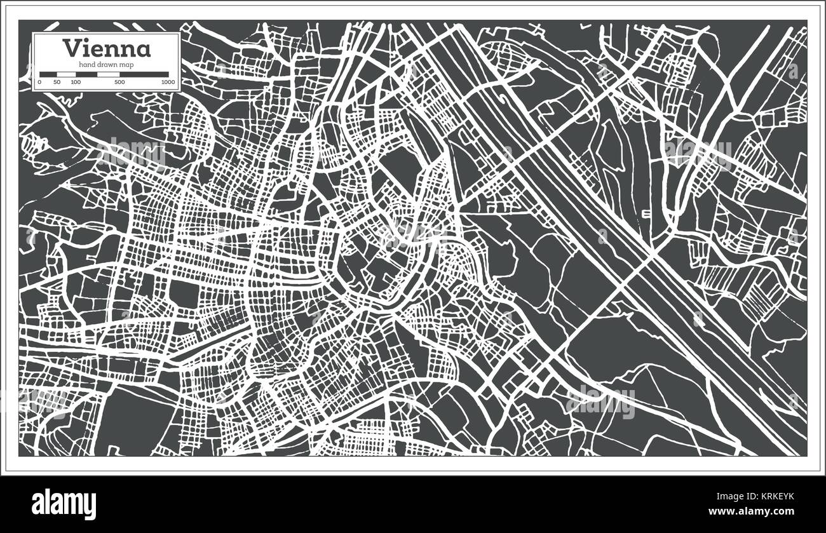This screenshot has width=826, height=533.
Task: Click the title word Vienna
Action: coord(106,49)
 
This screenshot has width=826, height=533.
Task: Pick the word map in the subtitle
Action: coord(126,65)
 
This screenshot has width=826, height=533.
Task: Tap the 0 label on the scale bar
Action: coord(39,83)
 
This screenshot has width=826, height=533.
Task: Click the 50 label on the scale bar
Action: coord(57,83)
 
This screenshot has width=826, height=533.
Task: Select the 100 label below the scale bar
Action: coord(76,83)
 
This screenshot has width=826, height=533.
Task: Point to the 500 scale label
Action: coord(119,83)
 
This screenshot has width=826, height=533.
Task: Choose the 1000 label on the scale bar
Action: coord(168,83)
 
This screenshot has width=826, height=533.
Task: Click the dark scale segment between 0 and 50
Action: coord(48,74)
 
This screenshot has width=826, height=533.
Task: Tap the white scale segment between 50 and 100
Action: coord(66,74)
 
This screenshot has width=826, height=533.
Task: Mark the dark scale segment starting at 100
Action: coord(86,74)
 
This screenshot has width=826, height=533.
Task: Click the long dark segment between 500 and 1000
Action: coord(144,74)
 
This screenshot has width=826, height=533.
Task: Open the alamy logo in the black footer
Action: coord(64,504)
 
